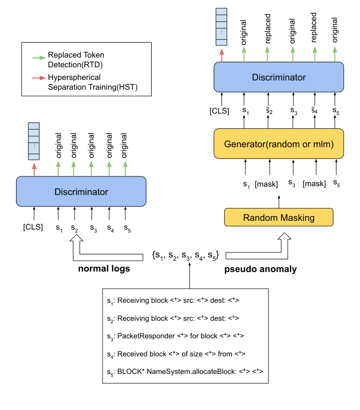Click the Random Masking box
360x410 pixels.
(279, 217)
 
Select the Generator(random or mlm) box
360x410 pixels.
(279, 144)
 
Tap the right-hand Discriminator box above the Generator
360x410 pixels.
(279, 77)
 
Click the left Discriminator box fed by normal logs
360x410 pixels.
(81, 192)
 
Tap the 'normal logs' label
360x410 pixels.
(104, 269)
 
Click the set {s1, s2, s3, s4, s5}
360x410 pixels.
(185, 255)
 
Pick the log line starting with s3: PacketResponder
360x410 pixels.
(176, 336)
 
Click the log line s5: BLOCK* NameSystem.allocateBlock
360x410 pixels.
(185, 371)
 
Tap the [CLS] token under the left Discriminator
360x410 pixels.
(33, 227)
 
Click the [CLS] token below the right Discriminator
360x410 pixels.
(220, 111)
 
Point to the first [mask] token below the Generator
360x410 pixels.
(266, 184)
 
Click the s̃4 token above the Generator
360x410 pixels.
(315, 112)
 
